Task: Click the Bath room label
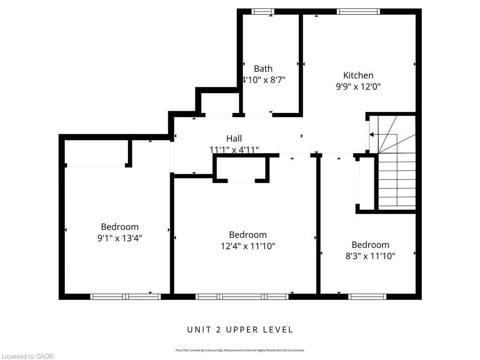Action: (x=263, y=68)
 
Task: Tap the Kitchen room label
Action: (x=358, y=75)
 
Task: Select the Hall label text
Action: (x=234, y=138)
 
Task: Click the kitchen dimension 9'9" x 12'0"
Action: (x=358, y=87)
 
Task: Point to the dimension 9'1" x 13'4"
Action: (x=120, y=238)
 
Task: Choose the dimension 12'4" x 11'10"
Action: (x=248, y=246)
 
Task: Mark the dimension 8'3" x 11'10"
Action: (x=370, y=256)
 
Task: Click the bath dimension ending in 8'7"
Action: (x=263, y=80)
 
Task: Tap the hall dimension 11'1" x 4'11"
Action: (x=234, y=150)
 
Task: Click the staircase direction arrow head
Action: (x=372, y=135)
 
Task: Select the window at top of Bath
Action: (x=262, y=12)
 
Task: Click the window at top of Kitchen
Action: (x=358, y=12)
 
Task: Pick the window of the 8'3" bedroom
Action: (x=367, y=296)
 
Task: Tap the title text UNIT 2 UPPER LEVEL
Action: (x=240, y=330)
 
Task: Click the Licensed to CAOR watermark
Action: (x=27, y=356)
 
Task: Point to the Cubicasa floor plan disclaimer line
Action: (x=240, y=350)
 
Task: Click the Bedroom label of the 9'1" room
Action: (x=120, y=227)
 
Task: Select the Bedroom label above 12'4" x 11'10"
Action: (x=248, y=234)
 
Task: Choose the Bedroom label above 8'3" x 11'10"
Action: (x=370, y=245)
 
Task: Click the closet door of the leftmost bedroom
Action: (x=96, y=165)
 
